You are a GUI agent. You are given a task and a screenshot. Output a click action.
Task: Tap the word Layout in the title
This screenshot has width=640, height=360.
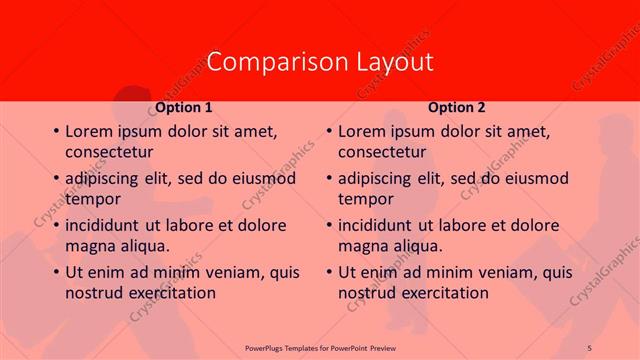point(394,61)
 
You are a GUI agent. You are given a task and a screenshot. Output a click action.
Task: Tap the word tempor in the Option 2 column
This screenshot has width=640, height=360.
point(365,199)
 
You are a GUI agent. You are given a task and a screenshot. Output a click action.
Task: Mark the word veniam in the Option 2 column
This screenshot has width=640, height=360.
point(508,273)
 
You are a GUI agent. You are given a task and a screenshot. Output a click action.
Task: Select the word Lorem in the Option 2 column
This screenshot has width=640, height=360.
point(362,132)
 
